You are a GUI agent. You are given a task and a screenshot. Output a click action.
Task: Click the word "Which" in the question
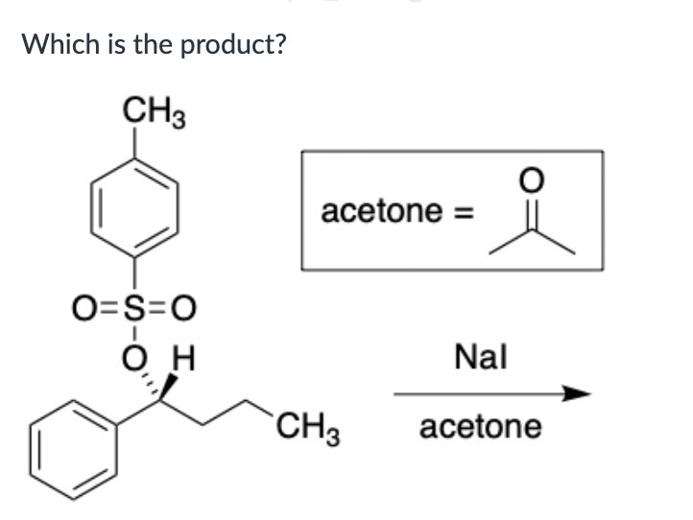(53, 44)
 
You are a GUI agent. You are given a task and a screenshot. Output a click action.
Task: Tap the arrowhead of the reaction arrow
(575, 393)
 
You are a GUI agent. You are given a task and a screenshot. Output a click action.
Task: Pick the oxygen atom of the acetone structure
(533, 179)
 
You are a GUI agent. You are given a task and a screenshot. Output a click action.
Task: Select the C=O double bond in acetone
(533, 213)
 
